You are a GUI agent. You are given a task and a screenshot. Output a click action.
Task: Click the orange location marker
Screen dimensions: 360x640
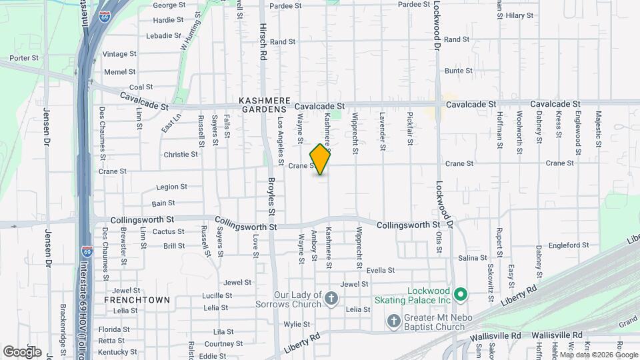point(321,159)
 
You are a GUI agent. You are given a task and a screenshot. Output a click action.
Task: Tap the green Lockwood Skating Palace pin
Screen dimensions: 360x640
point(460,294)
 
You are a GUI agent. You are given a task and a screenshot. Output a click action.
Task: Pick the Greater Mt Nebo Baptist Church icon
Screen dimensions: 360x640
point(395,322)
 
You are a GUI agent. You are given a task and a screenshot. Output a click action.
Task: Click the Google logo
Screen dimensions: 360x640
point(22,351)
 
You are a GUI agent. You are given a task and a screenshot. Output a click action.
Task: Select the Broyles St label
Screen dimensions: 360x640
point(272,199)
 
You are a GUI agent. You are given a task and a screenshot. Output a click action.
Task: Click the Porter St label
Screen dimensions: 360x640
point(24,58)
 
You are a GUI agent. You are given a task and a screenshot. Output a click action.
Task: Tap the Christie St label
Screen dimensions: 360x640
point(181,154)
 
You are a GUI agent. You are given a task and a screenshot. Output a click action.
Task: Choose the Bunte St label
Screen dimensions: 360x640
point(454,70)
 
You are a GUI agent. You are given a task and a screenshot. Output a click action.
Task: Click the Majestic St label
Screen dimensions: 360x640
point(598,126)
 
